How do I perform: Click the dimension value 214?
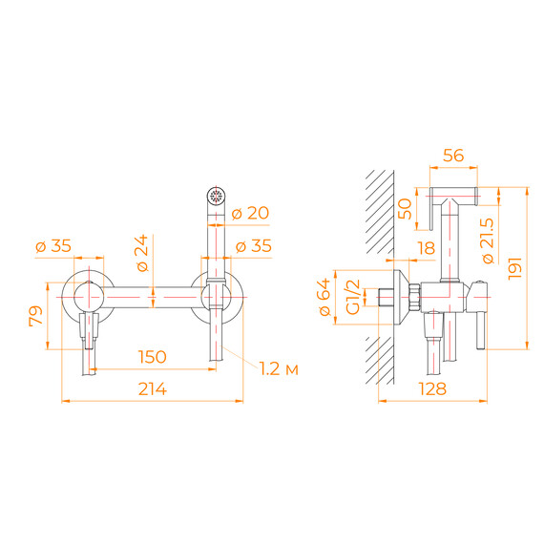153,388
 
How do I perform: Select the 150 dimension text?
153,357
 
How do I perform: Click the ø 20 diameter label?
251,213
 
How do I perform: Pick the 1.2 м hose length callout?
280,368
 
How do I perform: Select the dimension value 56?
453,156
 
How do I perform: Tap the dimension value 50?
405,208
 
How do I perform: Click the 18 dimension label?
426,248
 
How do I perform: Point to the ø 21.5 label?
488,235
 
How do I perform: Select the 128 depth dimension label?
433,388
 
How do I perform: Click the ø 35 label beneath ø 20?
252,245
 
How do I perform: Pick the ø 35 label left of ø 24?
52,245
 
